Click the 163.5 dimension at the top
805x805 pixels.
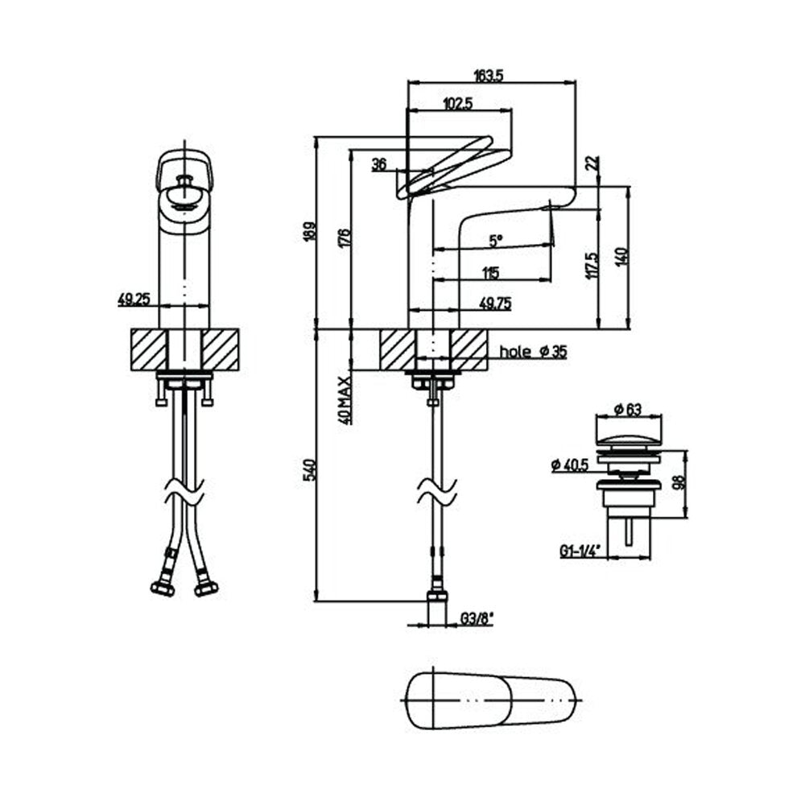pos(489,76)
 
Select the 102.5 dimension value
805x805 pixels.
pos(457,104)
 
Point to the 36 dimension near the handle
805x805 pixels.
pos(379,164)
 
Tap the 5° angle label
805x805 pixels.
pos(495,240)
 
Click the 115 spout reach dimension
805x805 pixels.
pos(491,273)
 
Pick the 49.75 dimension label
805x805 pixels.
pos(495,303)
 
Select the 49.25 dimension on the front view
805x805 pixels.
pos(134,299)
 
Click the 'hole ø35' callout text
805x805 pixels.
pos(534,352)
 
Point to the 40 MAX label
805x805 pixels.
pos(345,400)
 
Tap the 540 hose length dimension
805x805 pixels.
pos(309,470)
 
